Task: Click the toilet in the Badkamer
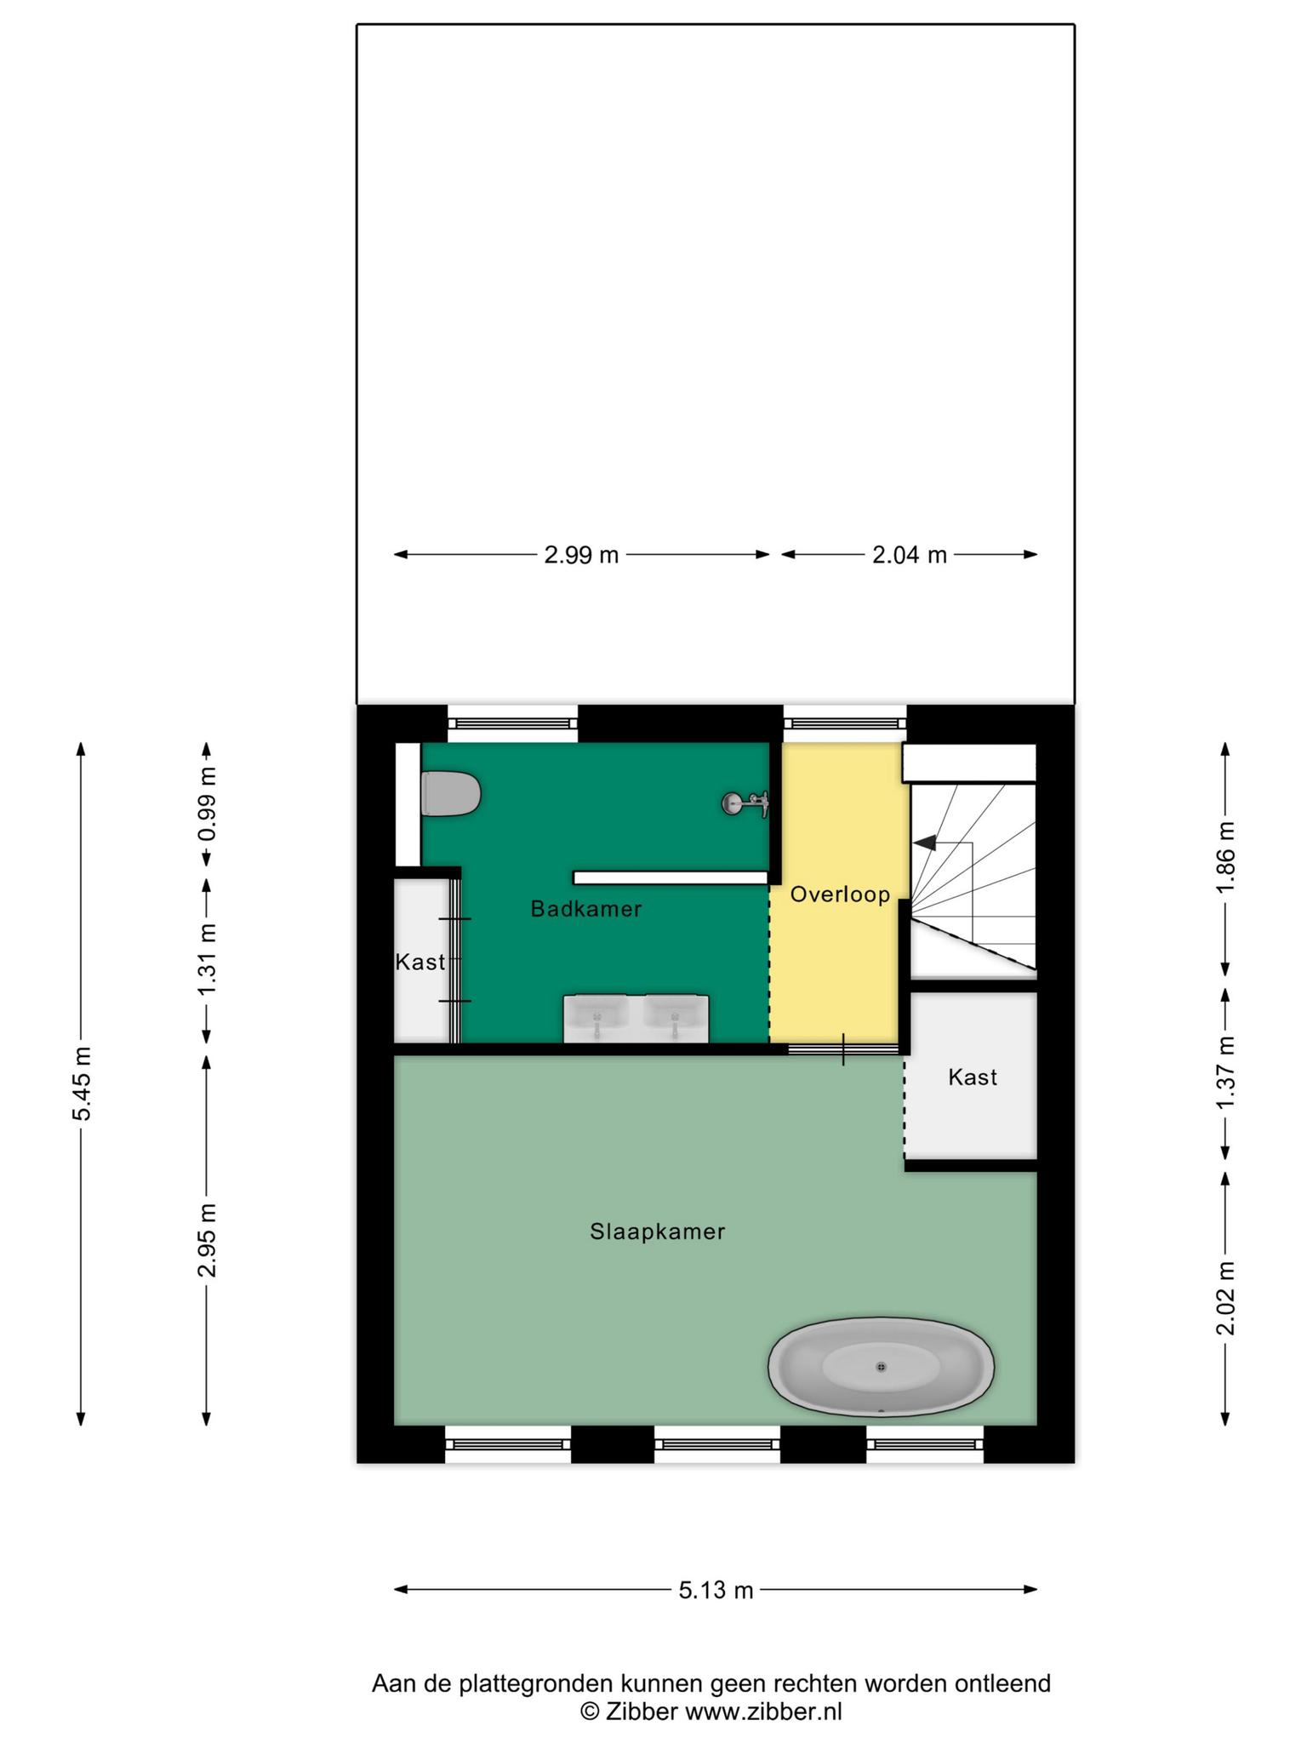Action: point(451,794)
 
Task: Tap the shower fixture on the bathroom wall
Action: point(746,803)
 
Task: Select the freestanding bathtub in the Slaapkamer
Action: point(881,1369)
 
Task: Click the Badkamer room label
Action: point(586,909)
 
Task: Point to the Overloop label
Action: point(840,894)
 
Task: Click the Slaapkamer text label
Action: point(658,1232)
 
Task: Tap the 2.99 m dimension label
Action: point(582,555)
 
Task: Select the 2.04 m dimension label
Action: point(910,555)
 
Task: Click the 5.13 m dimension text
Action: point(716,1590)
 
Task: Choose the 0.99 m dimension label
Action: point(207,804)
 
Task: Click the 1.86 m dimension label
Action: point(1225,858)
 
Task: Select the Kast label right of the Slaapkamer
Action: point(973,1077)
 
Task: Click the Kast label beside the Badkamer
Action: point(420,962)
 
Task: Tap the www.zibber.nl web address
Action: point(764,1712)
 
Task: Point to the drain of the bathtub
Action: point(882,1367)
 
